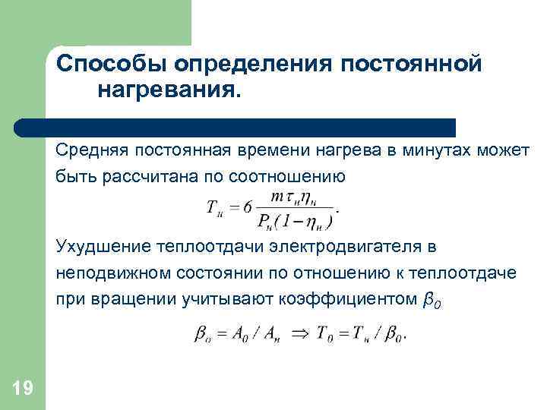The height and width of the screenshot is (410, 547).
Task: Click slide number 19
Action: tap(23, 389)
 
